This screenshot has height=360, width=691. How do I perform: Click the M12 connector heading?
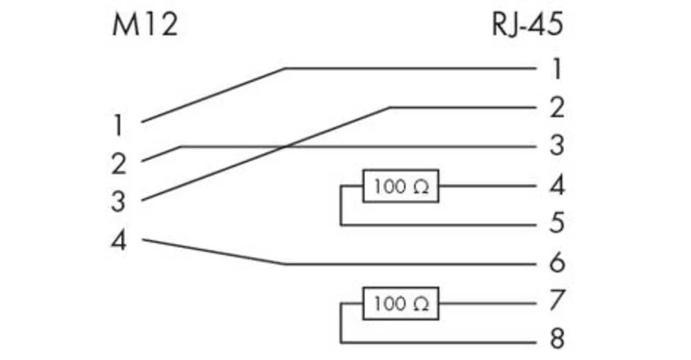[145, 25]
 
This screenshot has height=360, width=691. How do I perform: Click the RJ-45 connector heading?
[527, 25]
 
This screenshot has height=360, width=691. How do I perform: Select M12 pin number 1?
[119, 126]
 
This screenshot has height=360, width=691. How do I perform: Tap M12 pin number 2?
[119, 164]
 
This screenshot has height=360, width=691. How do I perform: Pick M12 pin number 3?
[119, 202]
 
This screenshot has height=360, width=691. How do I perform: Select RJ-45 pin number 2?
[557, 108]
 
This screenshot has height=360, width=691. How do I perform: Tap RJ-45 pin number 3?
[557, 146]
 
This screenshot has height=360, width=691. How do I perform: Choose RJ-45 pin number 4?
[557, 185]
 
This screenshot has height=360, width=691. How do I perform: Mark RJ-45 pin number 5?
[557, 224]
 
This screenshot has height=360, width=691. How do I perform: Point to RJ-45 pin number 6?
[557, 263]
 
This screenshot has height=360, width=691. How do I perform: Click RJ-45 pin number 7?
[557, 301]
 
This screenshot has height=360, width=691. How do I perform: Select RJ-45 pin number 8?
[557, 340]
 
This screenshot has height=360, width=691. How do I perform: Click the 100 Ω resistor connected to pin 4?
[401, 187]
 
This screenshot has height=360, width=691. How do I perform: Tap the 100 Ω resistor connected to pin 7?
[401, 303]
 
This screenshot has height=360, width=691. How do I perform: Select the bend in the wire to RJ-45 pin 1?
[285, 68]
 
